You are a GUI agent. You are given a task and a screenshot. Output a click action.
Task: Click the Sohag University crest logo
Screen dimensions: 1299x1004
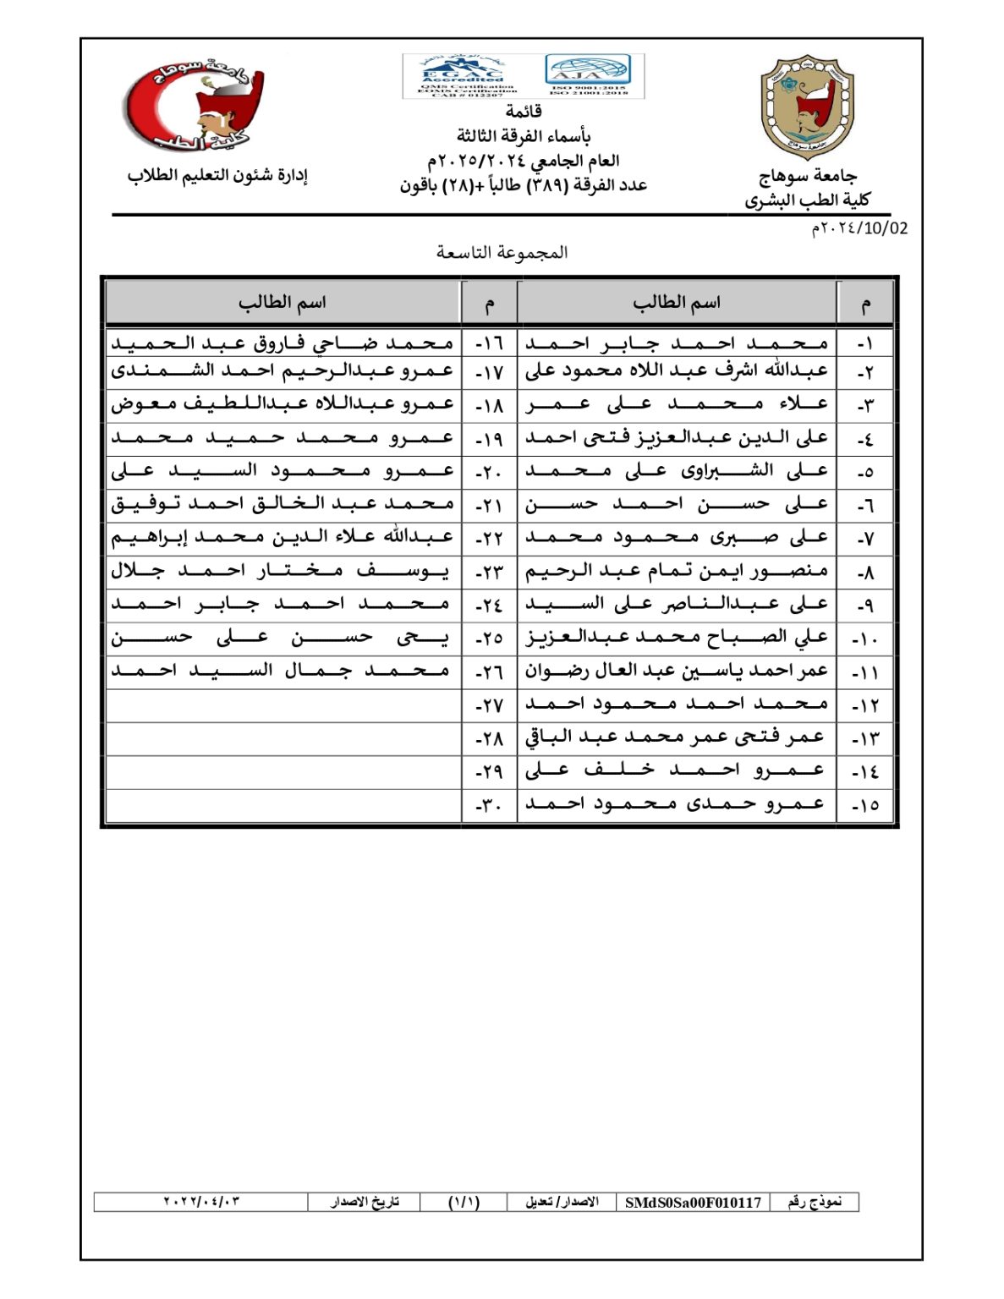pos(807,108)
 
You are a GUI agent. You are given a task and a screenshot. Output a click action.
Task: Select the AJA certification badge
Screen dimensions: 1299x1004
pos(589,75)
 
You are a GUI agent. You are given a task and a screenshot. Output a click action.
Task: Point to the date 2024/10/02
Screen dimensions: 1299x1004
pos(859,228)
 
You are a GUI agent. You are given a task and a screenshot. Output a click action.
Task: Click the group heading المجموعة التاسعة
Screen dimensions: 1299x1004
pos(502,252)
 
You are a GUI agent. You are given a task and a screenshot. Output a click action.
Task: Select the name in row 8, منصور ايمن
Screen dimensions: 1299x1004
pos(677,572)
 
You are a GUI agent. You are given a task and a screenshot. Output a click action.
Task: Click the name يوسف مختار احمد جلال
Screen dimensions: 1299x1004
pos(281,572)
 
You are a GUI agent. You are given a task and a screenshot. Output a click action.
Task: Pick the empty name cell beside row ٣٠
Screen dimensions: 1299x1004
pos(283,805)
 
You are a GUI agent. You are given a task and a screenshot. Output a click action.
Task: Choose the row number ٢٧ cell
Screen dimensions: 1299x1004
pos(489,705)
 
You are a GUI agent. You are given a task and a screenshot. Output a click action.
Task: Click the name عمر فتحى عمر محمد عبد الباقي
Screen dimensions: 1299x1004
pos(675,737)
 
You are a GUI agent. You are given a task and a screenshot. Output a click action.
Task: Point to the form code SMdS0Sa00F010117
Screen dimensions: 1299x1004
pos(693,1202)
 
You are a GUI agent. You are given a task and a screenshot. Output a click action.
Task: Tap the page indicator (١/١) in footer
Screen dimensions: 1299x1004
pos(464,1202)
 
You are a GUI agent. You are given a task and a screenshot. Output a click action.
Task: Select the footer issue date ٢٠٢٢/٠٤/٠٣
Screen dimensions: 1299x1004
pos(201,1202)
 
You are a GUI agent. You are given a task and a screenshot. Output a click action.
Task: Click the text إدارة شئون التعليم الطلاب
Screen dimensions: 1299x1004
pos(217,176)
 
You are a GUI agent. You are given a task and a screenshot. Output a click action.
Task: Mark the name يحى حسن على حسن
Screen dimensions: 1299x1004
pos(281,638)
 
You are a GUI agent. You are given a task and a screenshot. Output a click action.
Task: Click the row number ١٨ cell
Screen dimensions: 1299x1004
pos(489,405)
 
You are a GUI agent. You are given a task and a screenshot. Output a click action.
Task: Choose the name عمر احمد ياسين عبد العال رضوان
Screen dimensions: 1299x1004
pos(677,671)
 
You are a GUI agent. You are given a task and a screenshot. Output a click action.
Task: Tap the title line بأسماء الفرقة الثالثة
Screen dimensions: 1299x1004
pos(524,135)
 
